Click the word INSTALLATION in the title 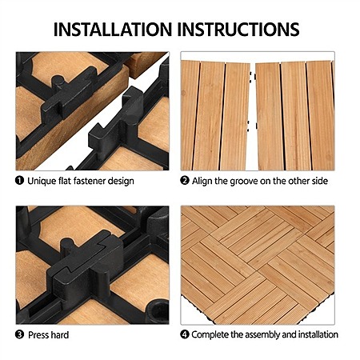[x=113, y=29]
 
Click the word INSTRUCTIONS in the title [x=238, y=29]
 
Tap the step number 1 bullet [x=19, y=181]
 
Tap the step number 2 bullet [x=185, y=181]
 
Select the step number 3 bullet [x=19, y=334]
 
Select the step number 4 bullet [x=185, y=334]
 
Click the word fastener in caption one [x=89, y=181]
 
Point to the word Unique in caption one [x=42, y=182]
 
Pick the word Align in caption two [x=202, y=182]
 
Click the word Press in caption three [x=38, y=334]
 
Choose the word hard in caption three [x=60, y=334]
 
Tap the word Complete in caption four [x=210, y=335]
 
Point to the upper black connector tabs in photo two [x=253, y=76]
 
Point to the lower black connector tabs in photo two [x=252, y=126]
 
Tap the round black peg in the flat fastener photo [x=58, y=81]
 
